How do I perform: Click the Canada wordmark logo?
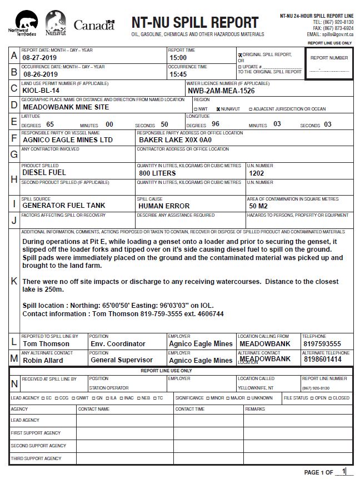(94, 25)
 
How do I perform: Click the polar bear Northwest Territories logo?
(20, 23)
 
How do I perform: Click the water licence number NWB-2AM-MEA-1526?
(221, 91)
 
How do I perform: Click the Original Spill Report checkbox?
(240, 55)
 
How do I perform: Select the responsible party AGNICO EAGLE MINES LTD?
(68, 140)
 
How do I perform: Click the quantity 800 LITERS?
(157, 173)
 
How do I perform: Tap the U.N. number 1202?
(257, 173)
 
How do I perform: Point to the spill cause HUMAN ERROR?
(164, 206)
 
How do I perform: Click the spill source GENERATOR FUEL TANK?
(63, 206)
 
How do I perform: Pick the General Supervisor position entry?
(121, 360)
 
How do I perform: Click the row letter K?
(14, 281)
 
